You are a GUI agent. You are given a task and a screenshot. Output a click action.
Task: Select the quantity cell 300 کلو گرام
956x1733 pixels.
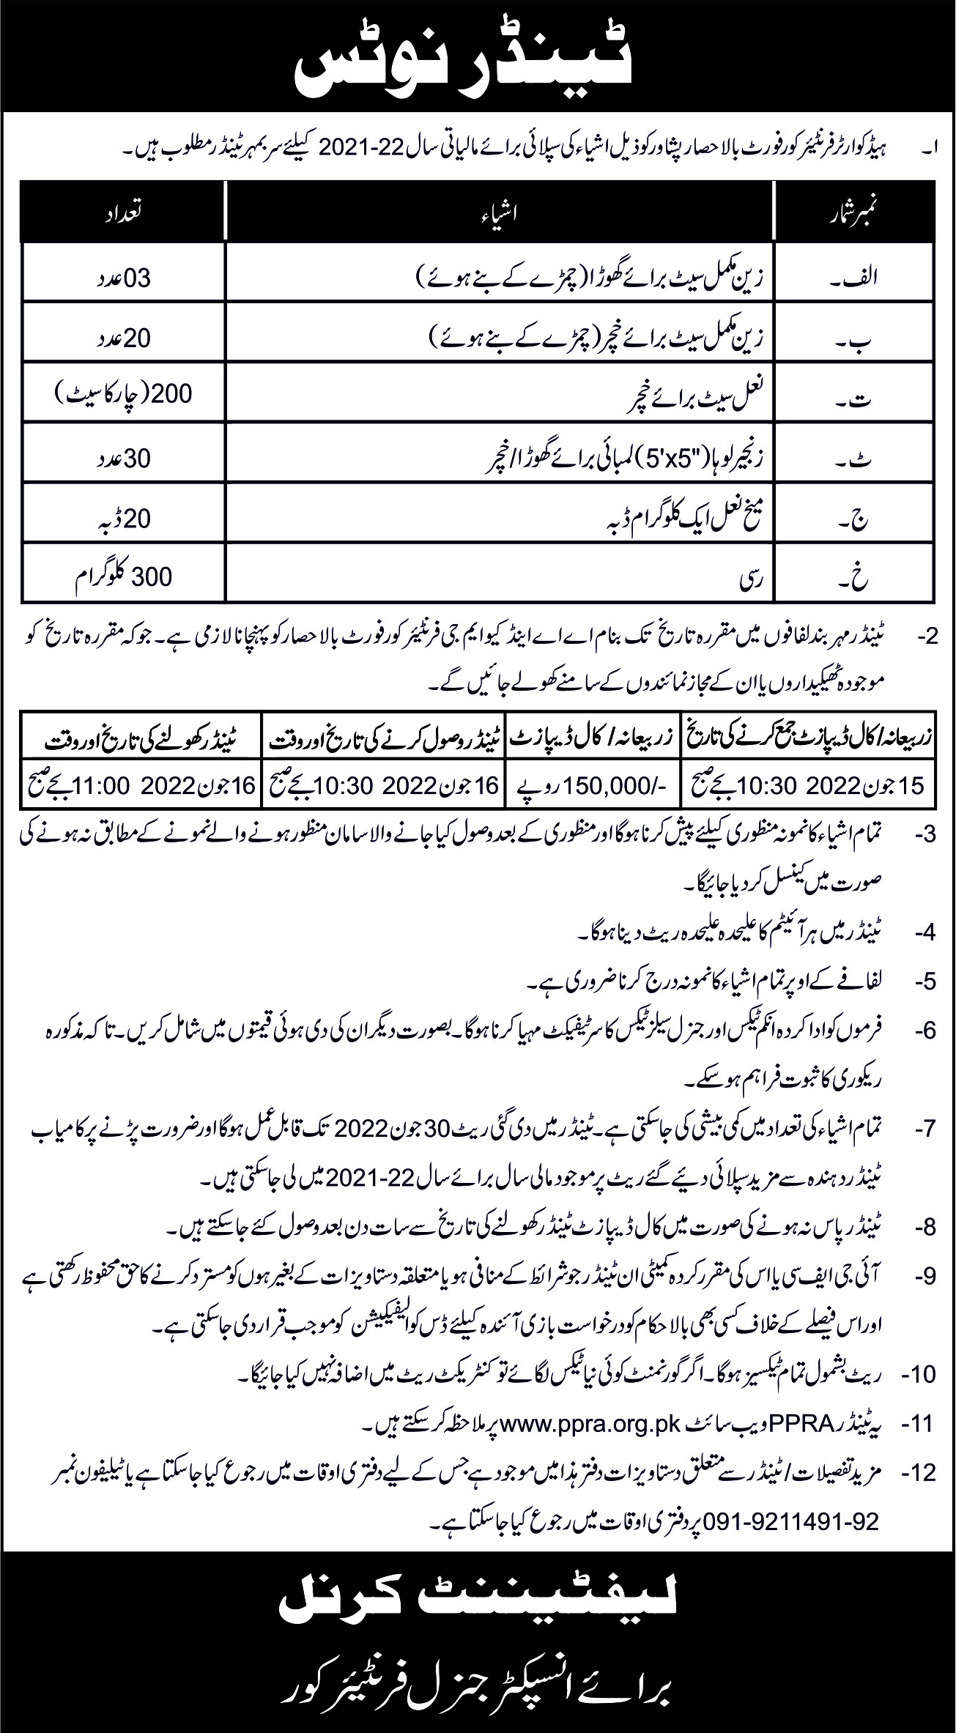123,576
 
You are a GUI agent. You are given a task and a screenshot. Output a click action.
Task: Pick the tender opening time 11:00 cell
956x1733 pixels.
139,785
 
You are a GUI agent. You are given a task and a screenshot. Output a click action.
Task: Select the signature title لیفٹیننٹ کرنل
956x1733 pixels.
478,1608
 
